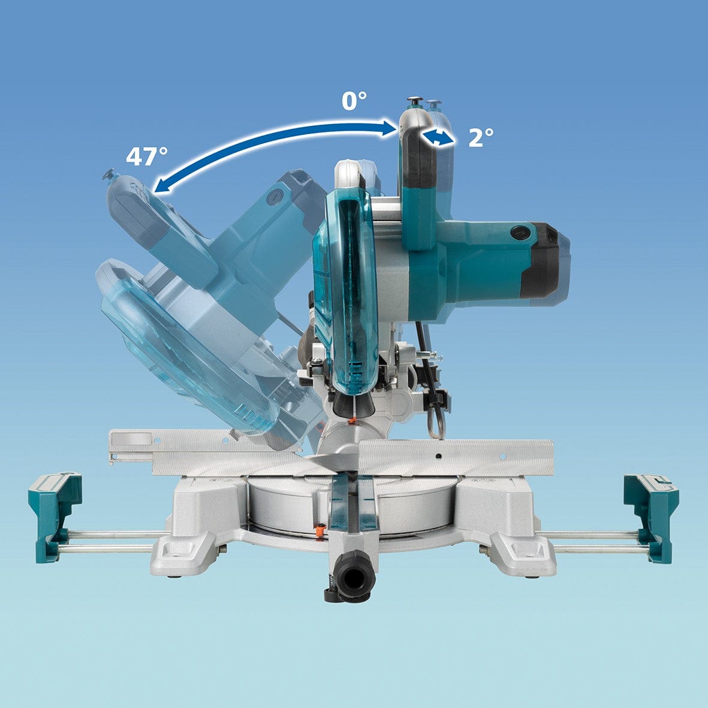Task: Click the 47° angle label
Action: pyautogui.click(x=146, y=156)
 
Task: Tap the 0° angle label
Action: pyautogui.click(x=354, y=101)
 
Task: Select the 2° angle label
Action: pyautogui.click(x=481, y=138)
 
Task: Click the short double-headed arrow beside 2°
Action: pyautogui.click(x=436, y=138)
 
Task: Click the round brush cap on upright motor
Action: pyautogui.click(x=518, y=231)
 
